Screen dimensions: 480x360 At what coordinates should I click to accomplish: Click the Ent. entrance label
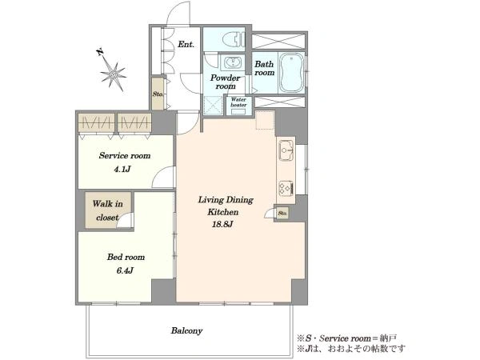[x=186, y=44]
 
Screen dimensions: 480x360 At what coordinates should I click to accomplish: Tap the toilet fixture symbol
[x=234, y=40]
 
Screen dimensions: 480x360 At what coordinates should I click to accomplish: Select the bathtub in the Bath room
[x=292, y=73]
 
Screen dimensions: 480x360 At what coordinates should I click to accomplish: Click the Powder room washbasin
[x=232, y=63]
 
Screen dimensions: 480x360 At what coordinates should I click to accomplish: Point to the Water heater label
[x=238, y=102]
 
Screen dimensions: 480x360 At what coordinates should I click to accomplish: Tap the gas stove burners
[x=286, y=187]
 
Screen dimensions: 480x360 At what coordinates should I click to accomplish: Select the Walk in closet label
[x=107, y=210]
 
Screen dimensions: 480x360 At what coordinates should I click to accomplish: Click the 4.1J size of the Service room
[x=122, y=169]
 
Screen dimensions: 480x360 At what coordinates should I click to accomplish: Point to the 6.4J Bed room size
[x=125, y=270]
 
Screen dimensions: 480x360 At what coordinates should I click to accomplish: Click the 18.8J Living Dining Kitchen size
[x=223, y=224]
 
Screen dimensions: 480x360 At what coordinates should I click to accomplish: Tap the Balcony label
[x=186, y=330]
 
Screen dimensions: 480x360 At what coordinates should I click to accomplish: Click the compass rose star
[x=114, y=74]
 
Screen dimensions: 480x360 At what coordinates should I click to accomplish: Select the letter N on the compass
[x=100, y=52]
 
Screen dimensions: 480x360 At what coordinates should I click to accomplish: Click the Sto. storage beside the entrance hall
[x=158, y=94]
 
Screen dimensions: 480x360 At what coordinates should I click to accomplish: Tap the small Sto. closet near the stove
[x=282, y=213]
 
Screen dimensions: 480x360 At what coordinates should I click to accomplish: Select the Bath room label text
[x=265, y=68]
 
